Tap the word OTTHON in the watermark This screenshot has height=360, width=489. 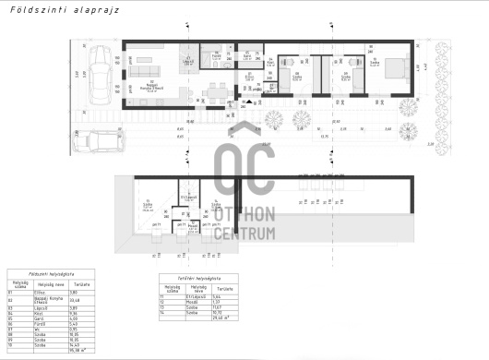(244, 214)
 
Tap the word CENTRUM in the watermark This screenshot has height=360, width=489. (244, 232)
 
